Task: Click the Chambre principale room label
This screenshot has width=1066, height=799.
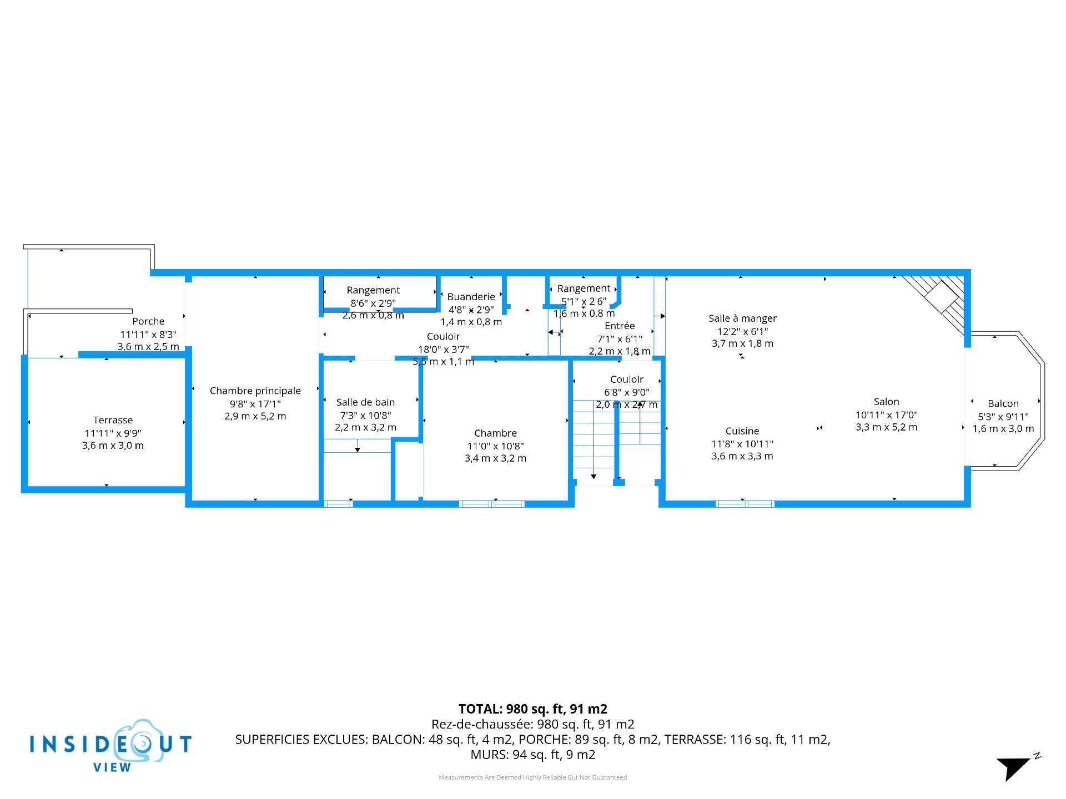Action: pyautogui.click(x=255, y=391)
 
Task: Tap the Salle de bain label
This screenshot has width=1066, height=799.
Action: pyautogui.click(x=365, y=402)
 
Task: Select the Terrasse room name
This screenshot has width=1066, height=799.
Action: pyautogui.click(x=113, y=420)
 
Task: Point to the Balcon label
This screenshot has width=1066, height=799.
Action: pyautogui.click(x=1003, y=403)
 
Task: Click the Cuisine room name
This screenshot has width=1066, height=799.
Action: pyautogui.click(x=742, y=431)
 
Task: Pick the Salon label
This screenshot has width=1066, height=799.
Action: pyautogui.click(x=886, y=402)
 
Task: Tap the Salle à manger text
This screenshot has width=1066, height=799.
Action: pyautogui.click(x=742, y=318)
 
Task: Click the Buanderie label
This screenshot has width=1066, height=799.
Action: pyautogui.click(x=471, y=297)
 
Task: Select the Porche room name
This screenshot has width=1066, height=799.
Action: pyautogui.click(x=148, y=321)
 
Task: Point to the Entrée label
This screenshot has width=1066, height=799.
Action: pyautogui.click(x=620, y=326)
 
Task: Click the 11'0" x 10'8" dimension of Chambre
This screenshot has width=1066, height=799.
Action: pyautogui.click(x=495, y=446)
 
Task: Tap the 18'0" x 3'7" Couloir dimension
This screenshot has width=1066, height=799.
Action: pyautogui.click(x=443, y=349)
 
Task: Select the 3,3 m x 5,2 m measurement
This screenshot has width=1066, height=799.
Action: pyautogui.click(x=886, y=427)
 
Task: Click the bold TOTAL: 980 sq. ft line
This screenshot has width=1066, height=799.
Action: pyautogui.click(x=532, y=709)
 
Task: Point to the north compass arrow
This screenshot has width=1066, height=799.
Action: pyautogui.click(x=1014, y=768)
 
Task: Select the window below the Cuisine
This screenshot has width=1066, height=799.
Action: pyautogui.click(x=745, y=504)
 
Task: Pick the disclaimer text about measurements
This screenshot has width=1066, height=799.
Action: pyautogui.click(x=532, y=777)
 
